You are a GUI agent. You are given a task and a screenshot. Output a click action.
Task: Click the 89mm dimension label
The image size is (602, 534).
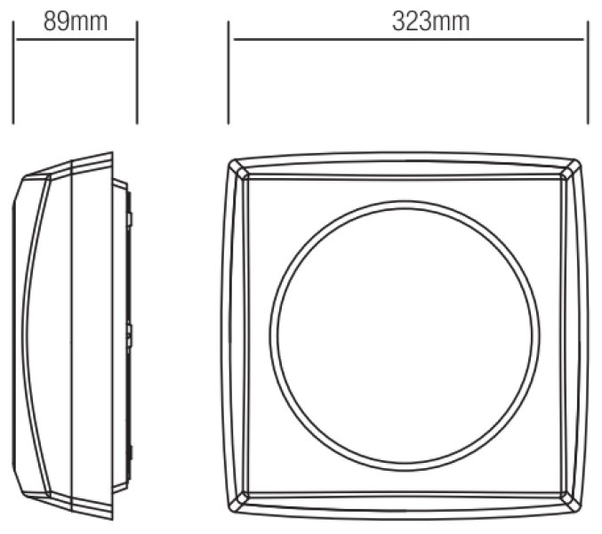click(x=76, y=21)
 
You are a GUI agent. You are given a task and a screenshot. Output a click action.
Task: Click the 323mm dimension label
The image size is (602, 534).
click(x=430, y=21)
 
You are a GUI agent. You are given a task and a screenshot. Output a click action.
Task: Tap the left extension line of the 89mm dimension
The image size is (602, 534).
click(x=13, y=73)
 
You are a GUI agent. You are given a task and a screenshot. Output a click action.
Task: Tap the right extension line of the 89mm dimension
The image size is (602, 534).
click(x=137, y=73)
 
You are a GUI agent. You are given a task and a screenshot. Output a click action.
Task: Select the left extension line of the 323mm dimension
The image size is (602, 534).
click(x=229, y=73)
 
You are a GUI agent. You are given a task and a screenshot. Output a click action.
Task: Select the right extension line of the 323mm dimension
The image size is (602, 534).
click(x=588, y=73)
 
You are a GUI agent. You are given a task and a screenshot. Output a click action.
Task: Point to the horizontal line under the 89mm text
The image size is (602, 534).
click(x=76, y=39)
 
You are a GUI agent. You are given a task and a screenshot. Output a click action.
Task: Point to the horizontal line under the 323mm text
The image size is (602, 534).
click(x=408, y=39)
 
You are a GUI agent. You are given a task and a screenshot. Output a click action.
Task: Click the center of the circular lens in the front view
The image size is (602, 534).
click(x=405, y=336)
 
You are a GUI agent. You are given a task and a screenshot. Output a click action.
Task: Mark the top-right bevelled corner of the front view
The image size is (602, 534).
click(x=571, y=169)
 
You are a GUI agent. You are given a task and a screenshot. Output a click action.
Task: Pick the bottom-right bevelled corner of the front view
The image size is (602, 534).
click(x=571, y=503)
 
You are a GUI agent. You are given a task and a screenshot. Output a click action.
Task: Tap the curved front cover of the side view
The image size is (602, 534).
click(x=24, y=336)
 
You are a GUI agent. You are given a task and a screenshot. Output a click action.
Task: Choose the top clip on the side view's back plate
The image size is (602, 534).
click(x=130, y=219)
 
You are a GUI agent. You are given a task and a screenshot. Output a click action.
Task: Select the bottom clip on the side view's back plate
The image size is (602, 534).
click(x=130, y=453)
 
